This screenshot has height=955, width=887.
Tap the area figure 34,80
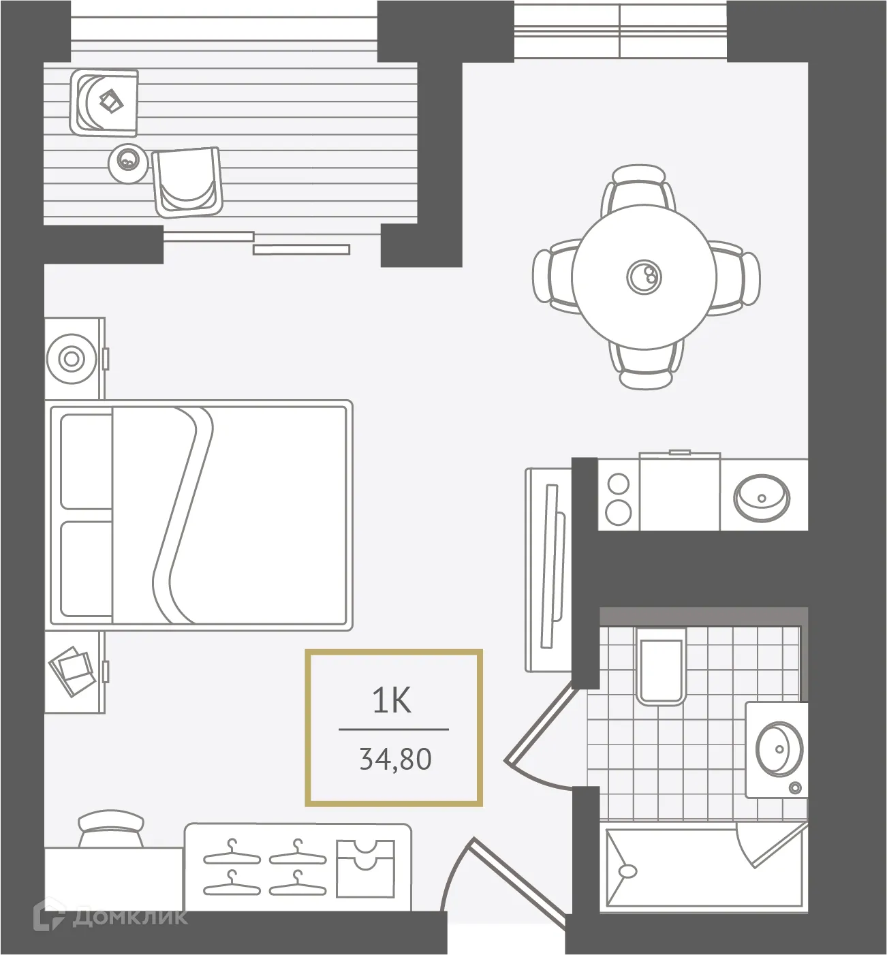click(395, 758)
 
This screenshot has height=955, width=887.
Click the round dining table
click(644, 276)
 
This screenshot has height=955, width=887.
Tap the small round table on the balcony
click(127, 161)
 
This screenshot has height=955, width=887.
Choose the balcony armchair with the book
click(105, 102)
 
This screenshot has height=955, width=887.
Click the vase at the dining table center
click(644, 275)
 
